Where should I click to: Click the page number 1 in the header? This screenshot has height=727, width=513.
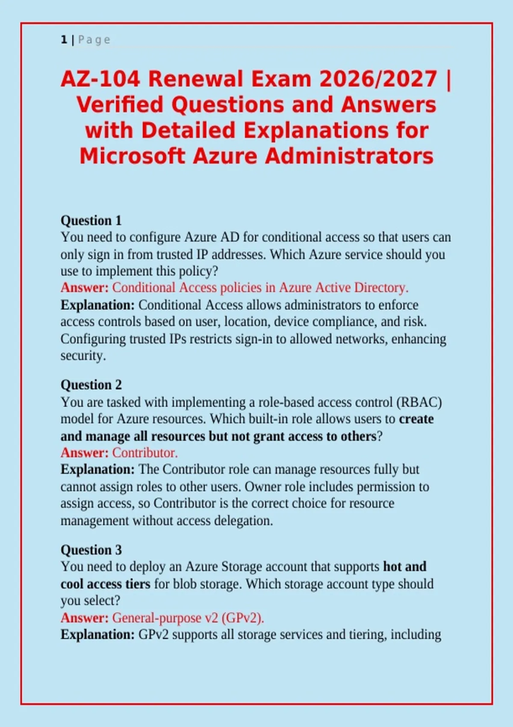(64, 40)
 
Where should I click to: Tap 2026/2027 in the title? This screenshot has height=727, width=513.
(378, 79)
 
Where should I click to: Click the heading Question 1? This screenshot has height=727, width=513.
(91, 221)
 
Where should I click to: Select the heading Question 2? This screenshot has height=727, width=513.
(91, 385)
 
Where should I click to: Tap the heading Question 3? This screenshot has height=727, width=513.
(91, 550)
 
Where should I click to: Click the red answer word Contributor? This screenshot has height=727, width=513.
(145, 452)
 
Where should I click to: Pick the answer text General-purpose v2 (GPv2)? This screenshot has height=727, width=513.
(188, 618)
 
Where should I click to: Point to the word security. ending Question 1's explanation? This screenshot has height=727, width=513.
(83, 356)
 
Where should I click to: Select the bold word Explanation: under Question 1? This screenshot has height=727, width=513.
(97, 305)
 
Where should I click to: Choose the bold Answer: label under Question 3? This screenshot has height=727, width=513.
(85, 618)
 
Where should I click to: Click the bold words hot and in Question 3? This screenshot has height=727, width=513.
(405, 567)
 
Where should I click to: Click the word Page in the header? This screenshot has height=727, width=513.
(94, 40)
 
